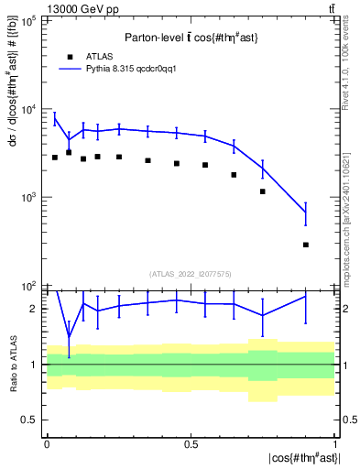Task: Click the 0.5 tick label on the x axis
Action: tap(191, 442)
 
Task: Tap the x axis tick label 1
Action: tap(335, 442)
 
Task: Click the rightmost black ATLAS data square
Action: tap(306, 245)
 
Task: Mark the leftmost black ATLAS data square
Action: tap(55, 158)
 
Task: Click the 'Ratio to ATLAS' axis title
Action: tap(12, 365)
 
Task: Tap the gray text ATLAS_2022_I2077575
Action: tap(191, 274)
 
